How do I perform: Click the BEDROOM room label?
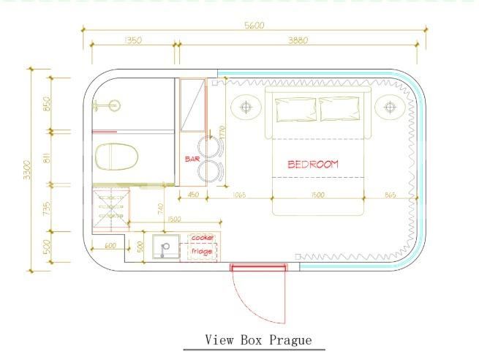(x=313, y=164)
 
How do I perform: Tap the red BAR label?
(x=192, y=158)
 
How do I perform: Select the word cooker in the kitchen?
(x=202, y=239)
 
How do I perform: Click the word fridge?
(x=202, y=252)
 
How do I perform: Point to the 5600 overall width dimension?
(x=254, y=25)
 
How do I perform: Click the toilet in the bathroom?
(x=116, y=156)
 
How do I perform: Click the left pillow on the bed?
(x=295, y=109)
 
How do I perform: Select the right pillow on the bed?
(x=340, y=109)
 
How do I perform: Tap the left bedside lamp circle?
(x=246, y=108)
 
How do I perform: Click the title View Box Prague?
(x=258, y=340)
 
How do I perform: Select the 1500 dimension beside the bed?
(x=317, y=195)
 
